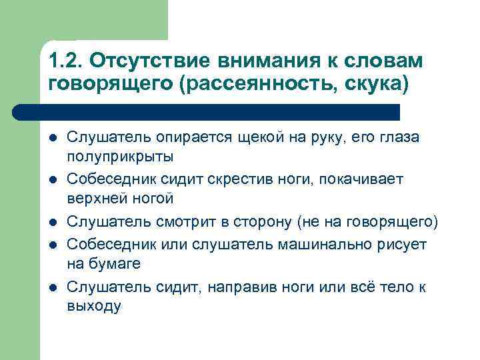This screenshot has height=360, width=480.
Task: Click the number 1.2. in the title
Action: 65,61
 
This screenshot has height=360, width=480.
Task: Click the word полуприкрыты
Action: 120,157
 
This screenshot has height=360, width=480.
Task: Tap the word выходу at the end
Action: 94,307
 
